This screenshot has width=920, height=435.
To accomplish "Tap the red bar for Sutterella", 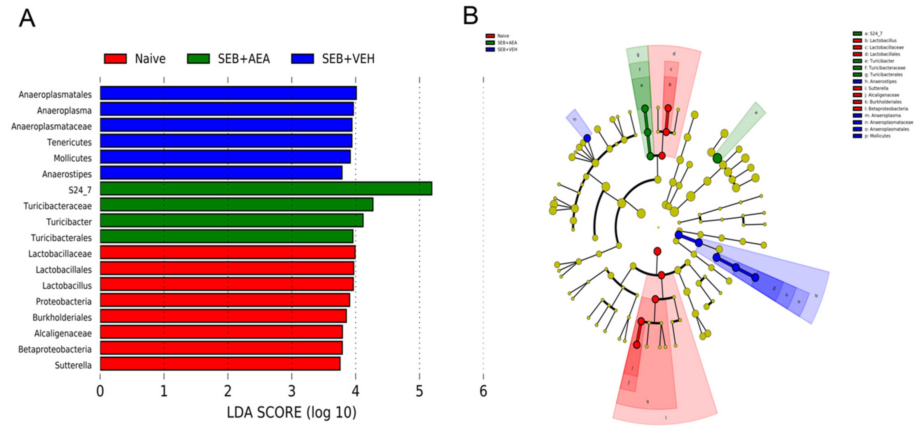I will (220, 364).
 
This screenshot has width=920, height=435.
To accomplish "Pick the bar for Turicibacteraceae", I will (236, 204).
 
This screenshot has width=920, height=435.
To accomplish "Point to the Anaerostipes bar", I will (221, 173).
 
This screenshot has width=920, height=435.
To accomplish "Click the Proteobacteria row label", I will (64, 301).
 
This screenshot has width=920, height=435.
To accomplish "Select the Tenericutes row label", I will (69, 142).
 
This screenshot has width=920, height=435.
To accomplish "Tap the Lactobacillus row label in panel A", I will (67, 285).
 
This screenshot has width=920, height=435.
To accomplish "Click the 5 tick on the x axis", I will (419, 391).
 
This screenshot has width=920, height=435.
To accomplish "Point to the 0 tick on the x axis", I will (100, 391).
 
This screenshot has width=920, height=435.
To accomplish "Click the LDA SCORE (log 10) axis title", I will (291, 413).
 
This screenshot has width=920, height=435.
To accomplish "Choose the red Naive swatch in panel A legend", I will (115, 59).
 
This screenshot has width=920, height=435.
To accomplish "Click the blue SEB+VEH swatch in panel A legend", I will (302, 59).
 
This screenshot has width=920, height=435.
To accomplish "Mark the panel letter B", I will (470, 16).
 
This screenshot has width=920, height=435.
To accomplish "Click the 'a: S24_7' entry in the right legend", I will (873, 33).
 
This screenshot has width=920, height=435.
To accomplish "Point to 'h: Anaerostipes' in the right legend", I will (880, 81).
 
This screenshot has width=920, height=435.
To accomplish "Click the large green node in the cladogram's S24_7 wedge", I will (717, 158).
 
